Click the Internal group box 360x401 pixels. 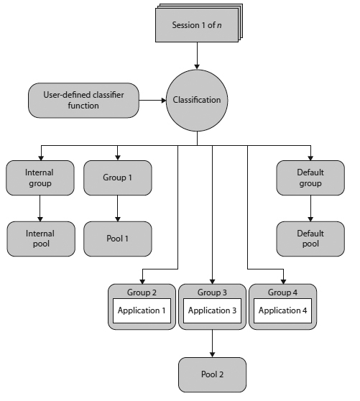40,178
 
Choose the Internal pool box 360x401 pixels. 40,239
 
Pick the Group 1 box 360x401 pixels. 118,178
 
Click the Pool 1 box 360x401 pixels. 118,239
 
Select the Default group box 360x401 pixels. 310,178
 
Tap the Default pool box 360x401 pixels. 310,239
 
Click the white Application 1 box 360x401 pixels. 142,310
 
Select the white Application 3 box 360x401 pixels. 212,310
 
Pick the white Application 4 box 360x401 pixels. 282,310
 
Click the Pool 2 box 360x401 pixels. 212,375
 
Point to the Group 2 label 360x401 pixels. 142,292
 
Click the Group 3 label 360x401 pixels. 212,292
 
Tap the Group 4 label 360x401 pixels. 282,292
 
